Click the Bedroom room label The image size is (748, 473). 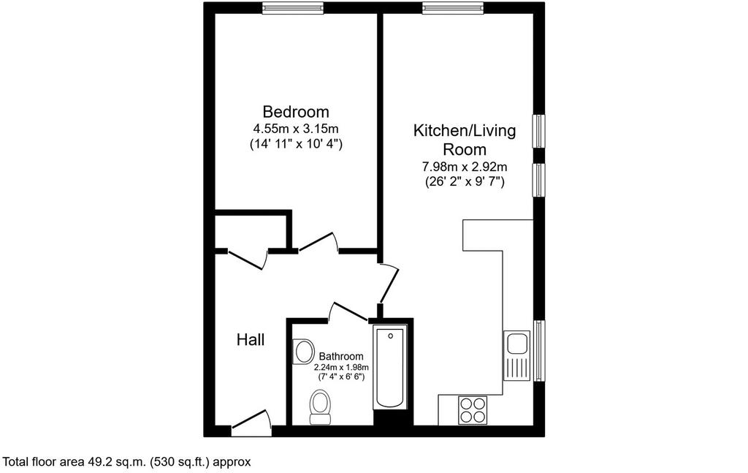pyautogui.click(x=296, y=112)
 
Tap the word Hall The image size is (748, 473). pyautogui.click(x=251, y=340)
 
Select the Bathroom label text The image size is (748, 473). pyautogui.click(x=341, y=356)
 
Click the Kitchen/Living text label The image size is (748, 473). pyautogui.click(x=465, y=130)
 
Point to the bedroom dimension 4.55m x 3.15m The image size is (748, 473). pyautogui.click(x=296, y=129)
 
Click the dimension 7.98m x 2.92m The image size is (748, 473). pyautogui.click(x=465, y=167)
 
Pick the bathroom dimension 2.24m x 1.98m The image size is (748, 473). pyautogui.click(x=341, y=367)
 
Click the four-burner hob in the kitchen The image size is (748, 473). pyautogui.click(x=473, y=409)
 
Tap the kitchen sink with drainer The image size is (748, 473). pyautogui.click(x=516, y=355)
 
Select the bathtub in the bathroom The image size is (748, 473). pyautogui.click(x=390, y=367)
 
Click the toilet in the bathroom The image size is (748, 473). pyautogui.click(x=320, y=407)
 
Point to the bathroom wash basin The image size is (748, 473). pyautogui.click(x=303, y=352)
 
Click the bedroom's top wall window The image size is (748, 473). pyautogui.click(x=293, y=7)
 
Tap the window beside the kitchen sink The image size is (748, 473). pyautogui.click(x=539, y=350)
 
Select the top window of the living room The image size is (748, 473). pyautogui.click(x=453, y=7)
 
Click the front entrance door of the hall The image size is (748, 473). pyautogui.click(x=251, y=422)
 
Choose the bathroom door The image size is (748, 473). pyautogui.click(x=348, y=311)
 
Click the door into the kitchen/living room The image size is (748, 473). pyautogui.click(x=389, y=283)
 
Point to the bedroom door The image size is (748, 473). pyautogui.click(x=318, y=241)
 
